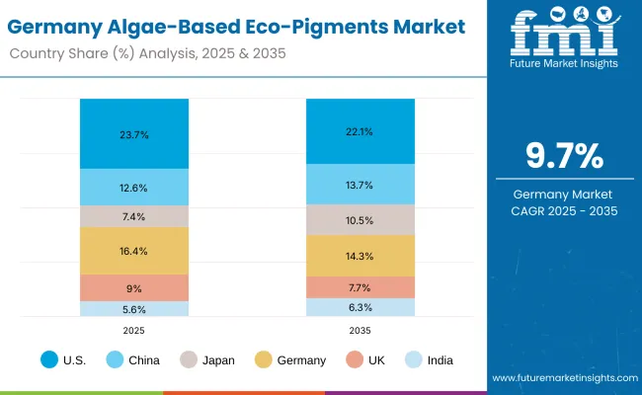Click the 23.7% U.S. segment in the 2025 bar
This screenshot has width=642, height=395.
click(134, 133)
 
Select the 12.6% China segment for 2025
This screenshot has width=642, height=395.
click(134, 187)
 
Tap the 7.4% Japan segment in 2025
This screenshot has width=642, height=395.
click(134, 216)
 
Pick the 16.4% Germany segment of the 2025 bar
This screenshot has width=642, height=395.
click(134, 251)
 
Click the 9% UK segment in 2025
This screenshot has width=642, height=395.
click(134, 287)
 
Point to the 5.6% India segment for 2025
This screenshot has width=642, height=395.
click(134, 309)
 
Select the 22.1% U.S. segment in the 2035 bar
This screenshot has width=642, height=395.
click(360, 131)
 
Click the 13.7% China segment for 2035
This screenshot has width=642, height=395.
click(360, 184)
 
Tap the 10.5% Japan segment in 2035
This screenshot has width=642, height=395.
click(360, 219)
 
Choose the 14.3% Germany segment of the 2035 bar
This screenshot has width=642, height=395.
click(360, 256)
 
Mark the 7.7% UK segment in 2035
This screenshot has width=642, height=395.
click(360, 287)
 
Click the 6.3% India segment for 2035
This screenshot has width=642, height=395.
click(360, 307)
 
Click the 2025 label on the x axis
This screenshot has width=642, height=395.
click(134, 332)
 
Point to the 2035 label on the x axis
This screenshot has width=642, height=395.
click(360, 332)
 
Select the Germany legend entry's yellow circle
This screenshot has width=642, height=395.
click(263, 359)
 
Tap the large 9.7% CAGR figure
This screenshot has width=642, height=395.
click(563, 157)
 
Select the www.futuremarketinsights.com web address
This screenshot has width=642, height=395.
click(563, 378)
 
